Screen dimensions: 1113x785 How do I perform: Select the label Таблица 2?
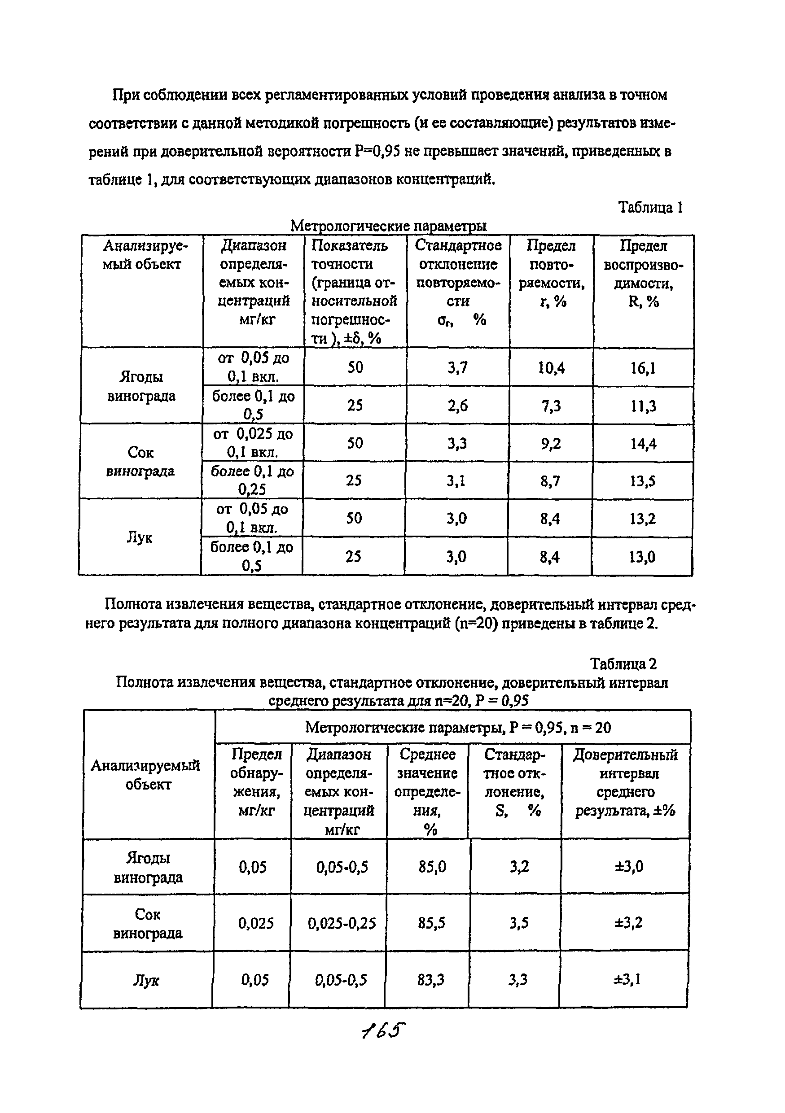coord(623,663)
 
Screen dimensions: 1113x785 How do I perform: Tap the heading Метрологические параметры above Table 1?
coord(388,226)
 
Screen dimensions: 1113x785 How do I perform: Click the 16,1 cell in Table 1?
coord(643,368)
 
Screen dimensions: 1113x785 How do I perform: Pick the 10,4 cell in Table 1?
coord(551,368)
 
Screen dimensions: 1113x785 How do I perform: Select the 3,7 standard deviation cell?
coord(457,368)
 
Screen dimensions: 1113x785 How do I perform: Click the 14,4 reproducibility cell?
coord(643,444)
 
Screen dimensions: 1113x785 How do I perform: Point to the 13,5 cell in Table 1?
coord(643,481)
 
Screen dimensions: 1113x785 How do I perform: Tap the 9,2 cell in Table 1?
coord(551,444)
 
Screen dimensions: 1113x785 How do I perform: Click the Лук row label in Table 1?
coord(140,537)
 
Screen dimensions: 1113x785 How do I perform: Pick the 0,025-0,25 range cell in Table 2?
coord(342,923)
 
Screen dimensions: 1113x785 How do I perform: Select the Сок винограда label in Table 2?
coord(147,923)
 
